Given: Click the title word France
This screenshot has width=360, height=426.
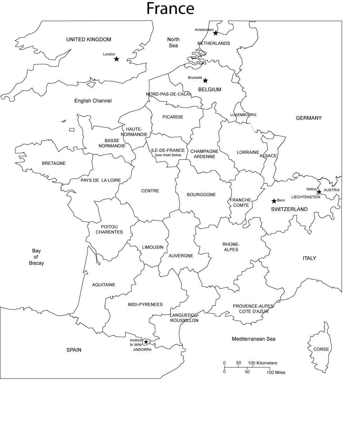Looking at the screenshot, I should (x=170, y=8).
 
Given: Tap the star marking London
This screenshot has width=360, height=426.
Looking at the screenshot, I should (x=116, y=59).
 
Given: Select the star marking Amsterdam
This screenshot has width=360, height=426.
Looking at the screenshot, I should (x=215, y=33).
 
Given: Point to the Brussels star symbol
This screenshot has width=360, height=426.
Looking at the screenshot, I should (x=205, y=81).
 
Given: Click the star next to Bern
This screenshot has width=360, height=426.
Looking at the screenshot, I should (x=274, y=201).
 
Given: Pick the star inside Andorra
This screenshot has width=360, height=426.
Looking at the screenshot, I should (x=146, y=342).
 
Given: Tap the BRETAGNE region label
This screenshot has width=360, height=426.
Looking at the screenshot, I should (x=54, y=163).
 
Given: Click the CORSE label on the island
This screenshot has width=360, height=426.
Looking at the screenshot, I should (x=321, y=349).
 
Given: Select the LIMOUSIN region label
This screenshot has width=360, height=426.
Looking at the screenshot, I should (x=153, y=247).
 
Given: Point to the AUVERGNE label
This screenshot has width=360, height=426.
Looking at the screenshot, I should (x=181, y=256).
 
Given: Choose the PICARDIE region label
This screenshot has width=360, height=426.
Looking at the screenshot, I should (x=173, y=117).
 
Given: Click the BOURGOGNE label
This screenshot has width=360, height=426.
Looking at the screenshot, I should (x=201, y=195).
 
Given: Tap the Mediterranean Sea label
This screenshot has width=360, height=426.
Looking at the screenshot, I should (x=253, y=339).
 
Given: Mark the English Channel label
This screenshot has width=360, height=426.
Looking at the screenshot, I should (x=93, y=101).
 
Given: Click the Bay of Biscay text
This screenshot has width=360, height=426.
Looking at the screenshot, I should (x=36, y=257).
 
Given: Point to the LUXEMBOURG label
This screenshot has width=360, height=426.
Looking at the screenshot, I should (x=243, y=115).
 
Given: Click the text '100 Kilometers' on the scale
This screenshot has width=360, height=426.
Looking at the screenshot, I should (x=262, y=363).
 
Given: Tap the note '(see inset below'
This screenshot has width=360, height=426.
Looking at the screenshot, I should (x=168, y=155).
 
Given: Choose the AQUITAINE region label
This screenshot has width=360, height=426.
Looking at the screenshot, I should (x=104, y=285).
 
